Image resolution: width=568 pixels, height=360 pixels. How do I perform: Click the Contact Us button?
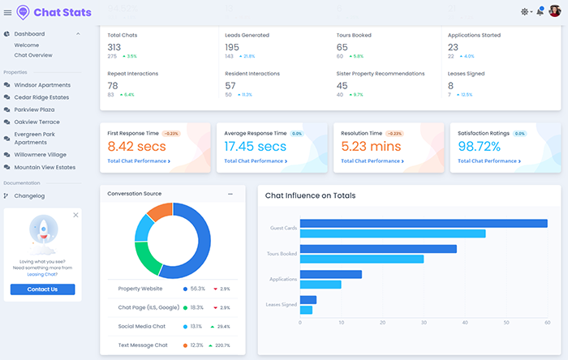point(42,289)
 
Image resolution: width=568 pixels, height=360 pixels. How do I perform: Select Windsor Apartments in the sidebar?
point(42,85)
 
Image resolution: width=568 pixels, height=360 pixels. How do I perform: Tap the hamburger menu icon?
point(8,12)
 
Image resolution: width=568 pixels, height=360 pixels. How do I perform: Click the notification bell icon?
point(540,12)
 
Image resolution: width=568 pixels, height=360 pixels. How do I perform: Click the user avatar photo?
point(555,11)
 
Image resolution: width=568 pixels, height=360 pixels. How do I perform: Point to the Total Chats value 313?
point(114,47)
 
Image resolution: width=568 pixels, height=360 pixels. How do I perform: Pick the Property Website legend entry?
point(140,289)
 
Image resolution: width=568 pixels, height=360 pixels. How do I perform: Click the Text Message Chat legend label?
point(143,345)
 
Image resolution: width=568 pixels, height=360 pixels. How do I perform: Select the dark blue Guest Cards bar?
point(422,224)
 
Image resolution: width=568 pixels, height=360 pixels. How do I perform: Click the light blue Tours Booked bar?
point(361,259)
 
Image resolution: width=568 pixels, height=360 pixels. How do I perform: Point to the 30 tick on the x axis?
point(424,323)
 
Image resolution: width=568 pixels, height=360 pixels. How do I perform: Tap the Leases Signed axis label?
point(282,305)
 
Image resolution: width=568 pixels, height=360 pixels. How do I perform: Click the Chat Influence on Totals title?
point(310,195)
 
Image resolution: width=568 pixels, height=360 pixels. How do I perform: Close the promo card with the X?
point(75,215)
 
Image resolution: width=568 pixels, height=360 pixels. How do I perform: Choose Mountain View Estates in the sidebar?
point(45,167)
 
